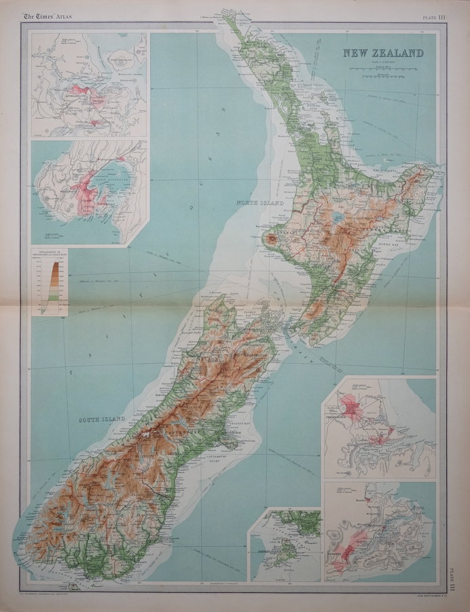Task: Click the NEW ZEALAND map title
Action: pos(383,54)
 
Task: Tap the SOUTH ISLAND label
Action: pos(103,420)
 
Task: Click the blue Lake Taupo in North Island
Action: pos(338,218)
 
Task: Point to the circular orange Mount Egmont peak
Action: pos(271,239)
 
